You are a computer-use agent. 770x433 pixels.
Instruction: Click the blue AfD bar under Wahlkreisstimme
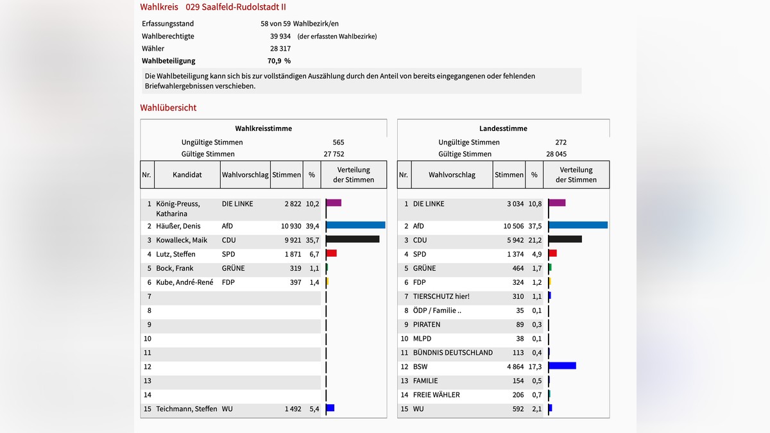click(355, 225)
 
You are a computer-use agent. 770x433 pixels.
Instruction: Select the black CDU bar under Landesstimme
click(565, 239)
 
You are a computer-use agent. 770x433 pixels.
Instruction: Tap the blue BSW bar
click(562, 366)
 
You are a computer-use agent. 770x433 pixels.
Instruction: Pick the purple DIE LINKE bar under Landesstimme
click(557, 203)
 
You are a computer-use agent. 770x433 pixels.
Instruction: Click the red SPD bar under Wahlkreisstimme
click(331, 253)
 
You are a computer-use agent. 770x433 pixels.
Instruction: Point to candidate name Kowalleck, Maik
click(182, 240)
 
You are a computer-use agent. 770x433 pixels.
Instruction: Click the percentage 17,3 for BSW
click(535, 367)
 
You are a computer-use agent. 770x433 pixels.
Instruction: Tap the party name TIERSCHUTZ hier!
click(441, 296)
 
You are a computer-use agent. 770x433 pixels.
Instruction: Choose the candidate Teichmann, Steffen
click(186, 409)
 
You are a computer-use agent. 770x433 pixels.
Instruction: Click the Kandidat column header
click(187, 174)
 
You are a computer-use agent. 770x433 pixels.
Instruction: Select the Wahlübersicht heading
click(168, 108)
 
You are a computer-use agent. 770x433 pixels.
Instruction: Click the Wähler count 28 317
click(280, 48)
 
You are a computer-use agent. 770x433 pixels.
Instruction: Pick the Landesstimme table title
click(503, 128)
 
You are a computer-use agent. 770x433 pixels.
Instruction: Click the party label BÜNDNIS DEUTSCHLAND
click(453, 352)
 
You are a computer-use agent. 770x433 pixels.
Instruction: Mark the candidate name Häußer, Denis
click(178, 226)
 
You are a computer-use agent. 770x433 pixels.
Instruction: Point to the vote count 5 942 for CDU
click(513, 240)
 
